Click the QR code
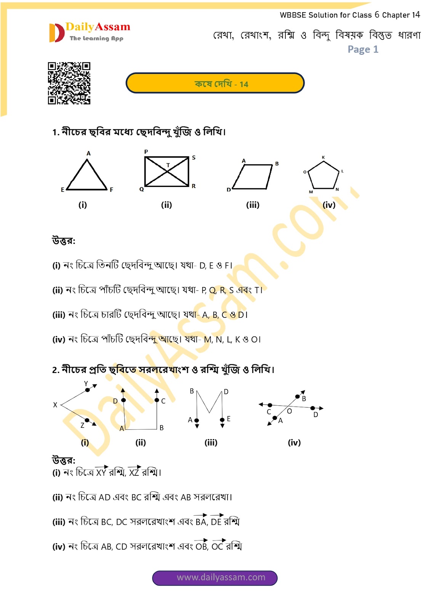(x=69, y=83)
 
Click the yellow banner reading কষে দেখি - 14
(x=215, y=83)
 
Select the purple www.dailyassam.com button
(x=215, y=577)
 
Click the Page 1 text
(x=363, y=49)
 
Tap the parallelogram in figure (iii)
(x=253, y=177)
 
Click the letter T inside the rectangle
(x=168, y=165)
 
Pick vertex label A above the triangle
(x=88, y=153)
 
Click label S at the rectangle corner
(x=194, y=158)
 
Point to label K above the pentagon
(x=323, y=157)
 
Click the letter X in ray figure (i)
(x=55, y=405)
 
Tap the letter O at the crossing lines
(x=289, y=411)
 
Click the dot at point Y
(x=87, y=390)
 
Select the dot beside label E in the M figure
(x=222, y=420)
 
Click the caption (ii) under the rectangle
(x=166, y=205)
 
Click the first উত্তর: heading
(x=64, y=241)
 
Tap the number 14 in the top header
(x=416, y=15)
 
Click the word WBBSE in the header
(x=293, y=15)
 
